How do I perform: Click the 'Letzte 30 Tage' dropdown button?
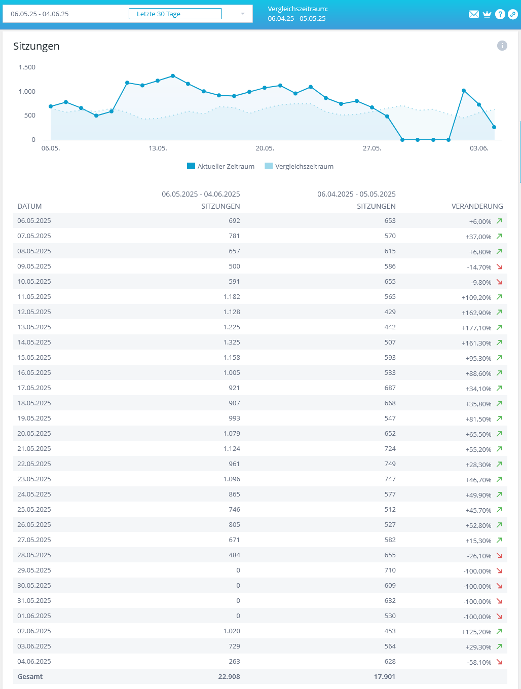[x=175, y=14]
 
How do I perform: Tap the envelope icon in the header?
[x=474, y=14]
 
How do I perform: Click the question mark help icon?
[x=500, y=14]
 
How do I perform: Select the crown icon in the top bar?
[x=487, y=14]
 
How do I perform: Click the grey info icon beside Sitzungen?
[x=502, y=46]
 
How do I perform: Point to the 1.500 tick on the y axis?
[x=27, y=67]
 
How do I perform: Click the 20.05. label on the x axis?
[x=265, y=148]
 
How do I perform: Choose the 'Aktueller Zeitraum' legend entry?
[x=221, y=166]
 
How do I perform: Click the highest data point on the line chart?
[x=173, y=76]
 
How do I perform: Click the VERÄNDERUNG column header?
[x=477, y=206]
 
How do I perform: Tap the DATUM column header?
[x=29, y=206]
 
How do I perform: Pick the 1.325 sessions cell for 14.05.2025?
[x=232, y=342]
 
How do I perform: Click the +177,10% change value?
[x=476, y=328]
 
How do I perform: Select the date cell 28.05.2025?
[x=34, y=555]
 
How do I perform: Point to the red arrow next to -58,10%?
[x=499, y=662]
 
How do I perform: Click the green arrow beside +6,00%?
[x=499, y=221]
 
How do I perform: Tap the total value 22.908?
[x=229, y=677]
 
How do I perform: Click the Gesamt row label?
[x=30, y=677]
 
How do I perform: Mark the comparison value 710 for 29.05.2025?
[x=390, y=570]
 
